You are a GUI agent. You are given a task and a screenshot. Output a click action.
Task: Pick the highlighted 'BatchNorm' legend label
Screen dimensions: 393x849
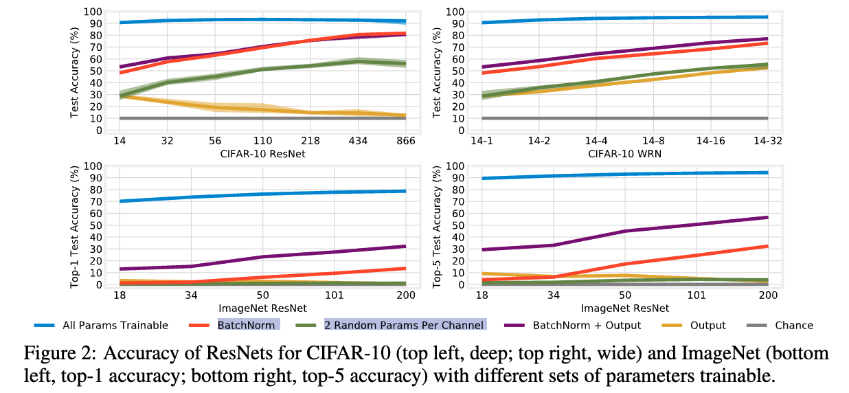247,325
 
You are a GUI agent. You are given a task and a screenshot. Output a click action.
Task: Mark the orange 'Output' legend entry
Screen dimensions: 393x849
708,326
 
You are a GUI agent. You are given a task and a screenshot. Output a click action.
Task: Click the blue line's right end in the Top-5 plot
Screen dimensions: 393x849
767,172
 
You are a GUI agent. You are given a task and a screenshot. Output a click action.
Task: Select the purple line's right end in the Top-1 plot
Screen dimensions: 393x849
405,246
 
